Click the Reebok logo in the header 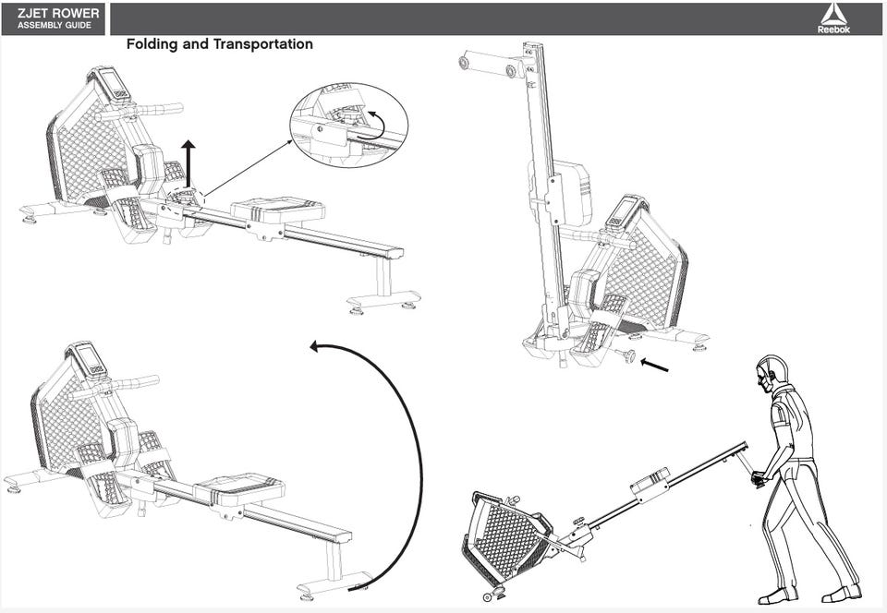pyautogui.click(x=833, y=18)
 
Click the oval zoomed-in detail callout pyautogui.click(x=349, y=125)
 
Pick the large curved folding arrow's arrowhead pyautogui.click(x=315, y=345)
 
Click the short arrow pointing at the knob pyautogui.click(x=654, y=365)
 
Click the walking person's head pyautogui.click(x=772, y=374)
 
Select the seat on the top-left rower pyautogui.click(x=278, y=210)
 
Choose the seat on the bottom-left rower pyautogui.click(x=239, y=487)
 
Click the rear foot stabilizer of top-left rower pyautogui.click(x=384, y=298)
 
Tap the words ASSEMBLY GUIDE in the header pyautogui.click(x=55, y=26)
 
